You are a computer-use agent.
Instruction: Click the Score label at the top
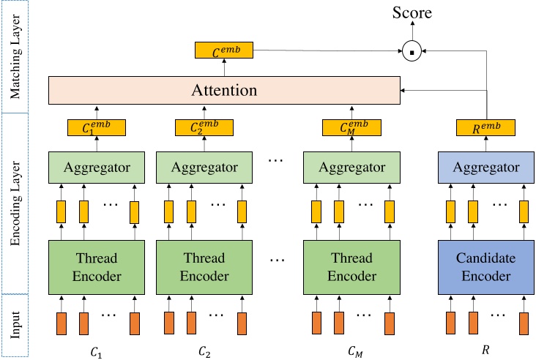pyautogui.click(x=412, y=12)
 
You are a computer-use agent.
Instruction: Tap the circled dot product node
pyautogui.click(x=412, y=51)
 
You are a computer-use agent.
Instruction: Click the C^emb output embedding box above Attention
pyautogui.click(x=223, y=50)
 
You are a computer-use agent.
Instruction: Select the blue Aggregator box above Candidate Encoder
pyautogui.click(x=484, y=168)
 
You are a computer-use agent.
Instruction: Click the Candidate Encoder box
pyautogui.click(x=484, y=266)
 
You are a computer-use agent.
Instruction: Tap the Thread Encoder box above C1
pyautogui.click(x=97, y=266)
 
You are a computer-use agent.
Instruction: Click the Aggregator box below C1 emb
pyautogui.click(x=97, y=168)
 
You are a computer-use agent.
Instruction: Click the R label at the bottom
pyautogui.click(x=483, y=350)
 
